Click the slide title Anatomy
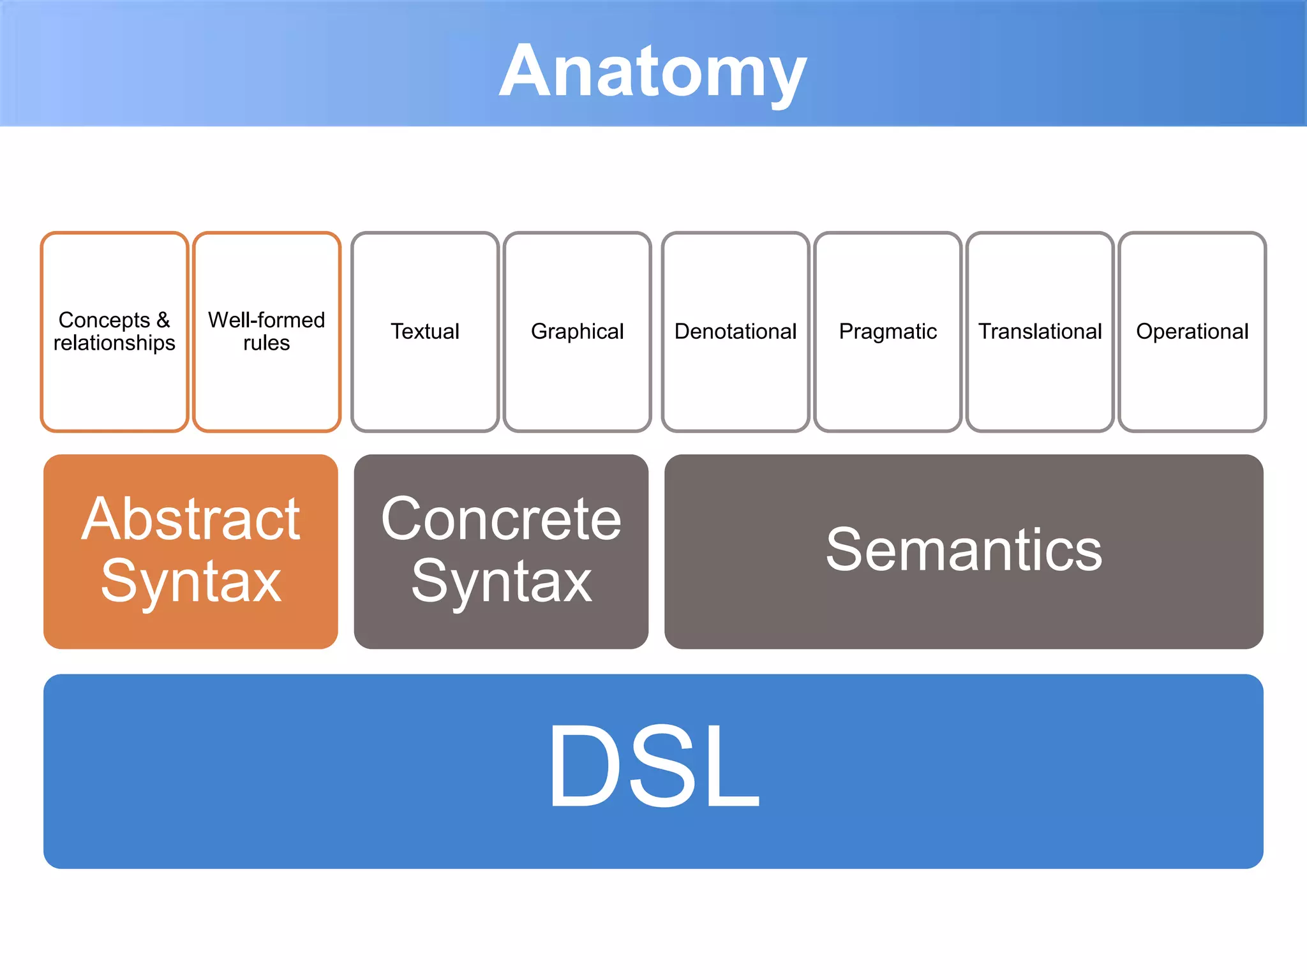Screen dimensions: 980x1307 tap(652, 71)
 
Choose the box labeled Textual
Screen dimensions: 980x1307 tap(425, 331)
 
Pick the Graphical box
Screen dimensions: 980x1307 tap(577, 331)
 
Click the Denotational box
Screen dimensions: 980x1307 tap(735, 331)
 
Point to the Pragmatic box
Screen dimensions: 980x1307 tap(888, 331)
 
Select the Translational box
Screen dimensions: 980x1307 tap(1040, 331)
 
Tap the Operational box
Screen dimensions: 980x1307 tap(1192, 331)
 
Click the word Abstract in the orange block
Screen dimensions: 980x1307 tap(190, 519)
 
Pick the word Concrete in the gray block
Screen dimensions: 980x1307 tap(501, 519)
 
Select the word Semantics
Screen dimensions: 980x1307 tap(964, 550)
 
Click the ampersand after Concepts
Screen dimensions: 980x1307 tap(163, 320)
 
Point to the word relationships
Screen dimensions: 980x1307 tap(114, 343)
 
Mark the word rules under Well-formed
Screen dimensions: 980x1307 tap(267, 343)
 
